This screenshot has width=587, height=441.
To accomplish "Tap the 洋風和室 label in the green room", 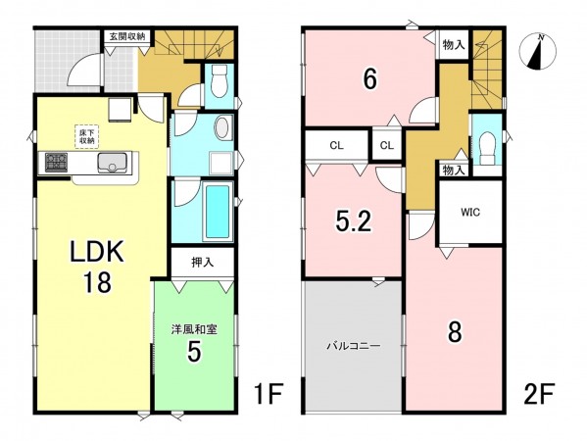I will [194, 328].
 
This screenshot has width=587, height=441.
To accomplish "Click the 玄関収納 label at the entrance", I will [127, 36].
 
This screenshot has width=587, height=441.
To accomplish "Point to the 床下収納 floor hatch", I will [88, 135].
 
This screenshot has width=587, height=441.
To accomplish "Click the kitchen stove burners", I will [53, 163].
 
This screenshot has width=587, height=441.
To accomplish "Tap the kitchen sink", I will [116, 164].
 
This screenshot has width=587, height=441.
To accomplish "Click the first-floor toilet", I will [219, 82].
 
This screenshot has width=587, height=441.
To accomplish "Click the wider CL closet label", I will [336, 146].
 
